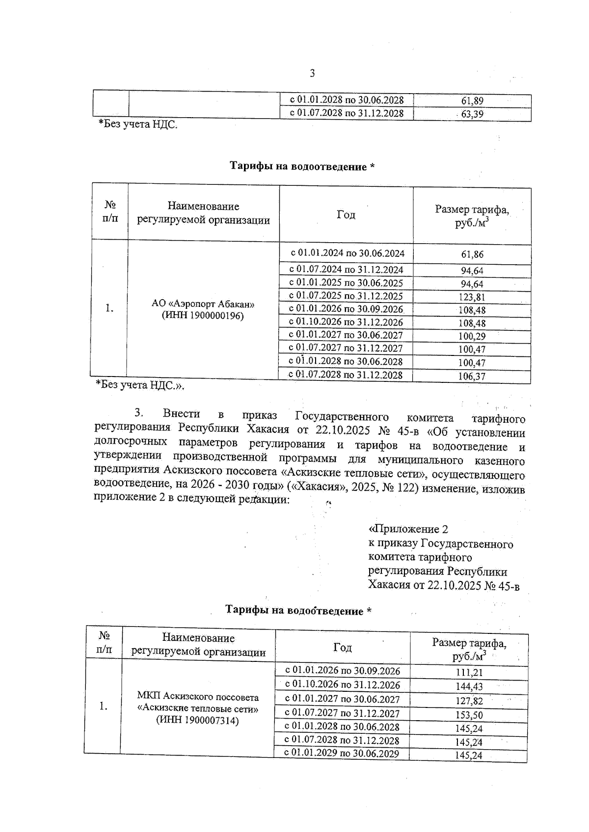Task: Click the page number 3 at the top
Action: tap(312, 74)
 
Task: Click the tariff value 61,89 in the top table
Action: tap(472, 101)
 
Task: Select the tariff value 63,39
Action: tap(472, 115)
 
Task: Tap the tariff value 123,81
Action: tap(472, 297)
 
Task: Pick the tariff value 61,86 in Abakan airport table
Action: tap(472, 254)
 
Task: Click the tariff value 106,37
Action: tap(472, 377)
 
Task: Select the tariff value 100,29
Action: tap(472, 337)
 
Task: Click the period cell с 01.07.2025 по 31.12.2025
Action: tap(346, 296)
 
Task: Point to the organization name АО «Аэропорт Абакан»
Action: tap(203, 304)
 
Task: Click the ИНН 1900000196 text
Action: tap(203, 317)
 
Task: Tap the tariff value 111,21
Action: tap(469, 673)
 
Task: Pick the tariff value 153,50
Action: tap(469, 715)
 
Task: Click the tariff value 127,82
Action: tap(469, 702)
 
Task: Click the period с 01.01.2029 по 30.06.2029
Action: tap(342, 754)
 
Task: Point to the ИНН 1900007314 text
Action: tap(197, 720)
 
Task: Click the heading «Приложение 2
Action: tap(408, 529)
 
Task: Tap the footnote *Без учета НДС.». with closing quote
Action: tap(139, 385)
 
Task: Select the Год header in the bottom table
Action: tap(342, 648)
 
